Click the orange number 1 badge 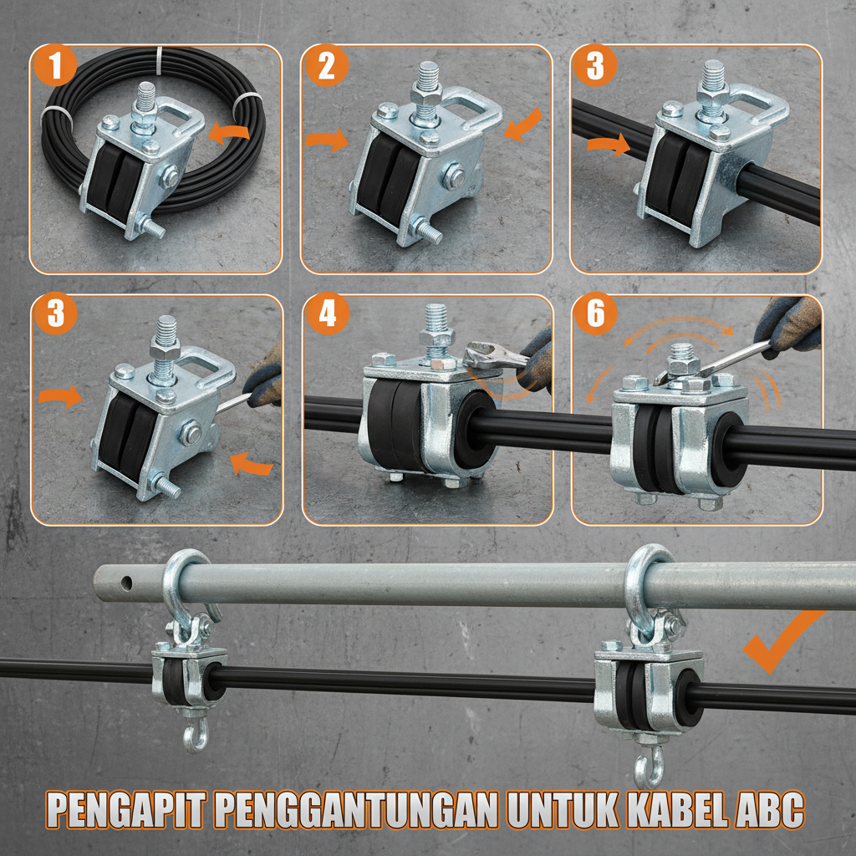click(56, 66)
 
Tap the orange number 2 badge click(326, 66)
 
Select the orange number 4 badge click(326, 315)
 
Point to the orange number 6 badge click(595, 315)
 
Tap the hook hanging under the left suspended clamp click(195, 736)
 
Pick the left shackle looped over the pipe click(184, 585)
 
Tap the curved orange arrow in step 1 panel click(227, 130)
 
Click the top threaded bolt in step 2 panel click(425, 80)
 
